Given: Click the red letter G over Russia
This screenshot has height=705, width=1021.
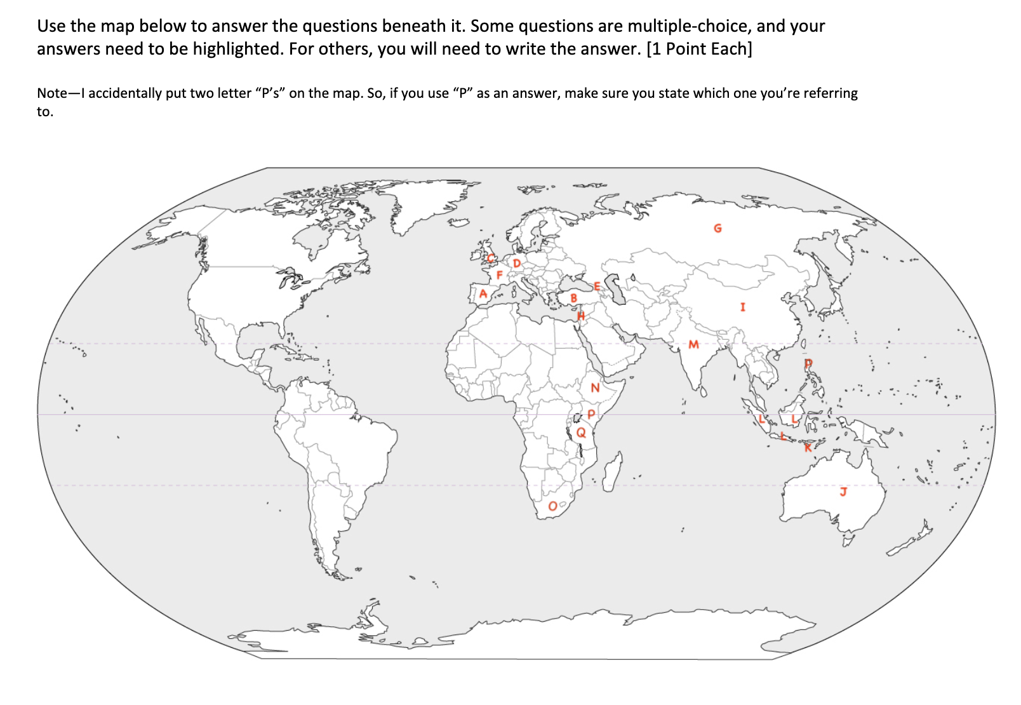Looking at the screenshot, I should pyautogui.click(x=717, y=228).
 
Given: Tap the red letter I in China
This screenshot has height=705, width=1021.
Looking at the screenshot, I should pyautogui.click(x=742, y=307).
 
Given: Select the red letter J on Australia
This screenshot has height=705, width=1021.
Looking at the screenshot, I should pyautogui.click(x=843, y=491).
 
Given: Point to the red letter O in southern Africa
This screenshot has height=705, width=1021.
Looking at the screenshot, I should pyautogui.click(x=553, y=506).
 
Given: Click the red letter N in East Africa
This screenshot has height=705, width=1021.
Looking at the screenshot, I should pyautogui.click(x=595, y=387).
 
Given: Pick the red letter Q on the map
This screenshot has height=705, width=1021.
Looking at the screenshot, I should pyautogui.click(x=581, y=433).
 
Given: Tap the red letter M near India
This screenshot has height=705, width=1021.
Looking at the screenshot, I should pyautogui.click(x=693, y=344).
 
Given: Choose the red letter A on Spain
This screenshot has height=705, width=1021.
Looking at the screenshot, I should pyautogui.click(x=483, y=293).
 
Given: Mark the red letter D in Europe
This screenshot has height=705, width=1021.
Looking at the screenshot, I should pyautogui.click(x=517, y=263).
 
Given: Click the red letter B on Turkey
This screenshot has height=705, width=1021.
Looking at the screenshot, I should pyautogui.click(x=574, y=298).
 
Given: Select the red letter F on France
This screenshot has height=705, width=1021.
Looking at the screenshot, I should pyautogui.click(x=500, y=275).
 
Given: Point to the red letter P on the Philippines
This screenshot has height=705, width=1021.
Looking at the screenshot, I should pyautogui.click(x=808, y=364).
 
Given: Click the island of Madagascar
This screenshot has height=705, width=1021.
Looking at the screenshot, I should pyautogui.click(x=612, y=471).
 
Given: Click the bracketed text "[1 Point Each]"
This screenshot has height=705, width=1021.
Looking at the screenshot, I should pyautogui.click(x=698, y=49).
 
